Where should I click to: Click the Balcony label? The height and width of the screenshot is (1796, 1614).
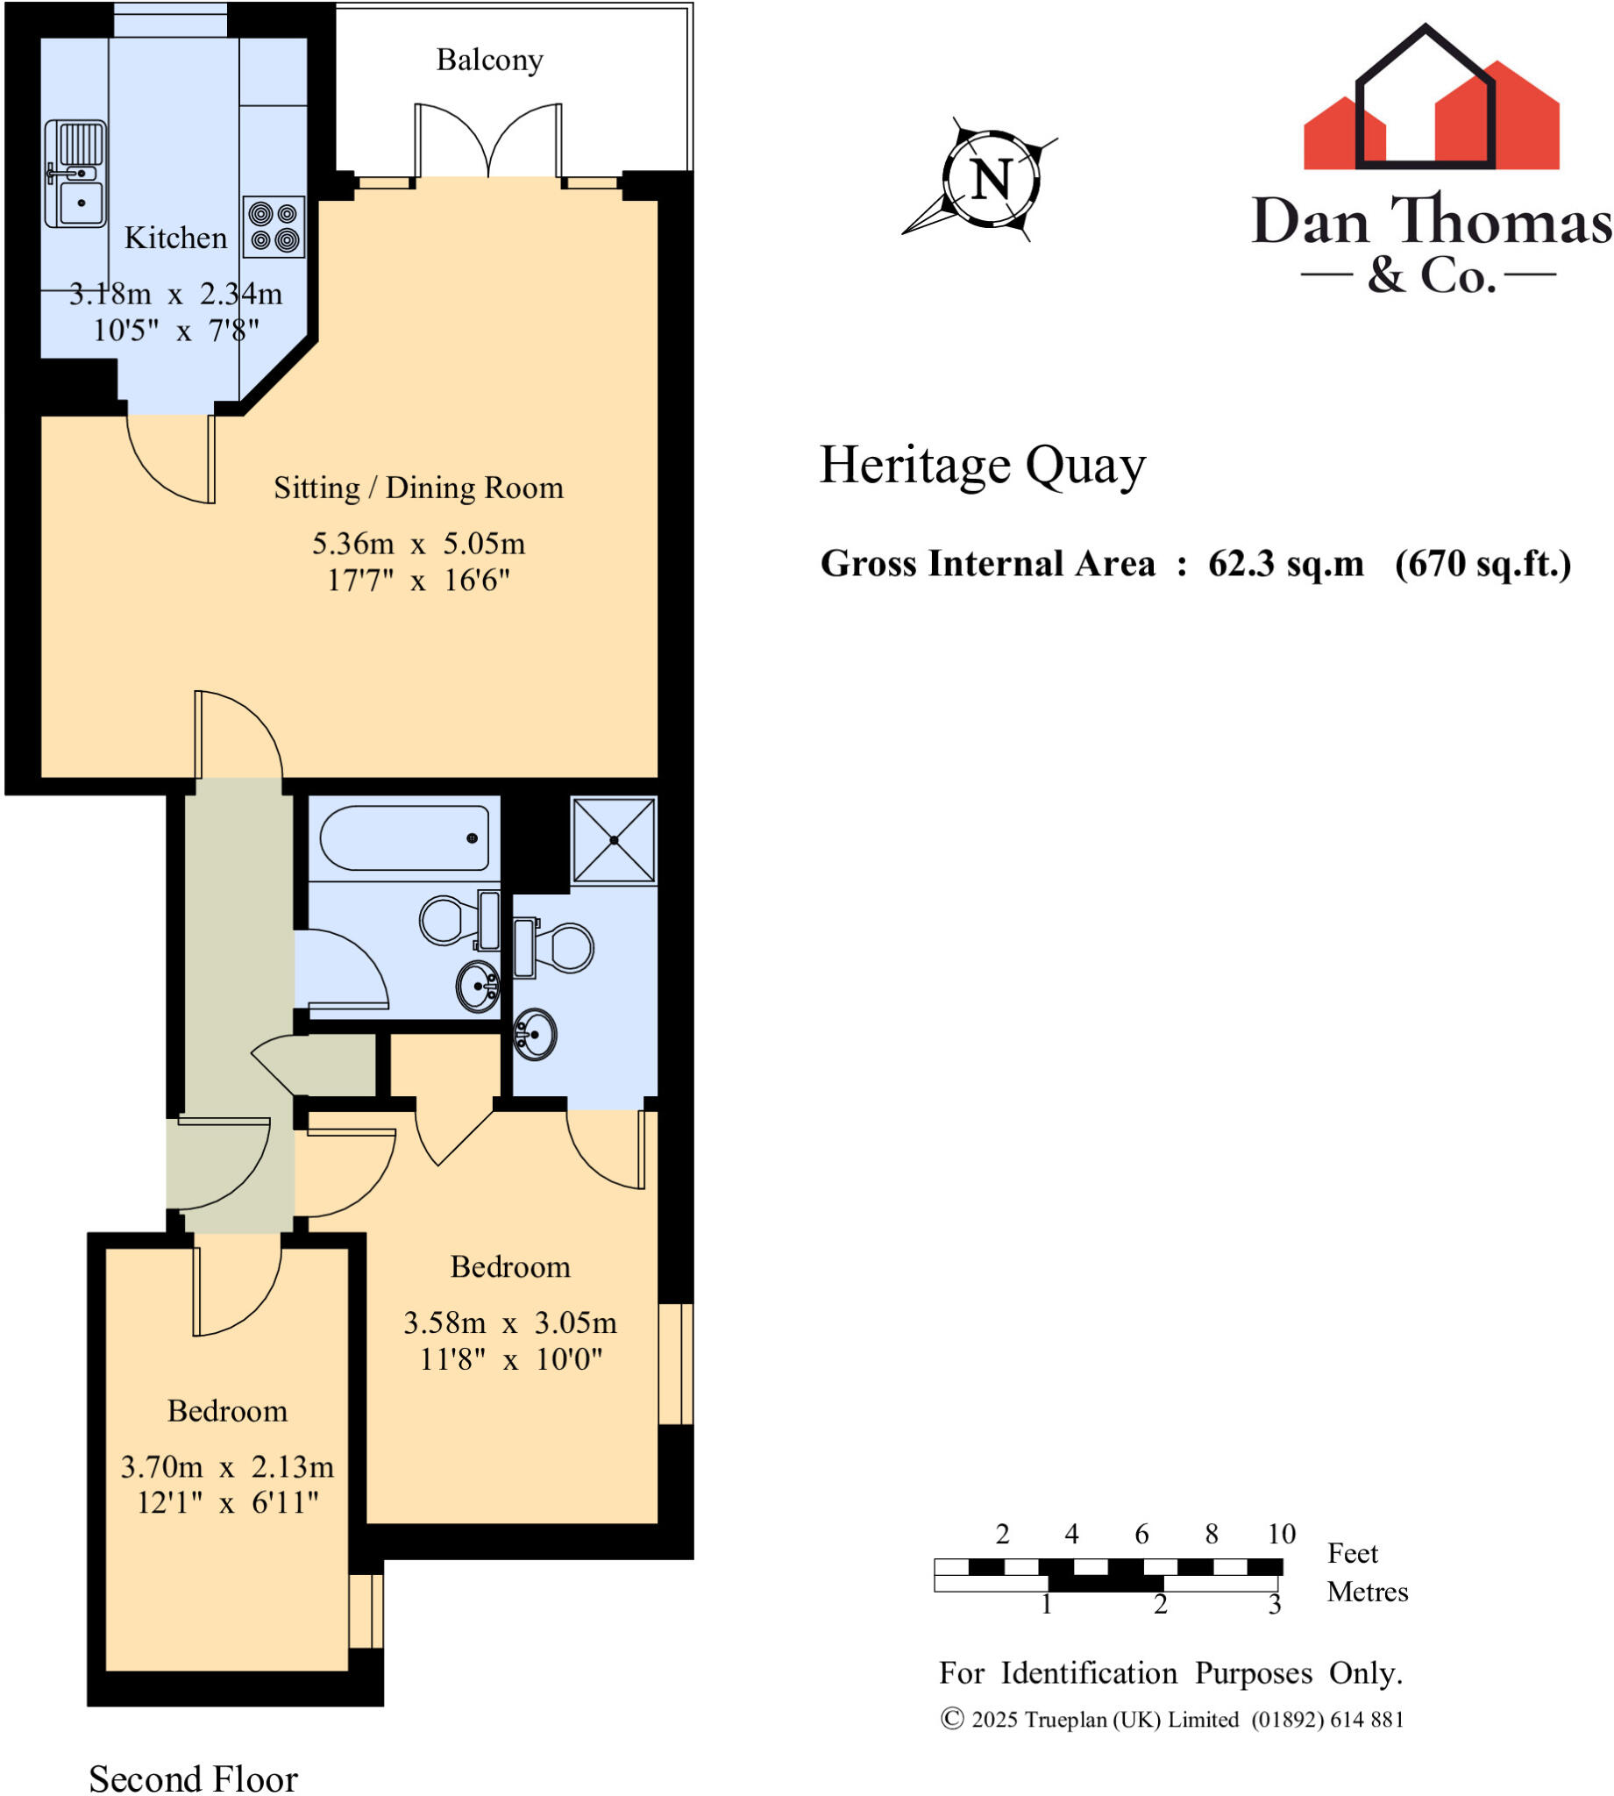click(489, 61)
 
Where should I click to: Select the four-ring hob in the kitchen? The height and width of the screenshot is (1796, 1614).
click(274, 227)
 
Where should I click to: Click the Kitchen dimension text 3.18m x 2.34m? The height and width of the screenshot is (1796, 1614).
click(175, 294)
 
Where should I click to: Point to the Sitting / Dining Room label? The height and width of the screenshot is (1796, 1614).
click(417, 488)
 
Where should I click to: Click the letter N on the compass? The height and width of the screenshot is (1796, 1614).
click(991, 180)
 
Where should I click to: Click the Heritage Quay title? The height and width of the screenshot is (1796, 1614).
click(982, 465)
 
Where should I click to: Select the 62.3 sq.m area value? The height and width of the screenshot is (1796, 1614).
click(1285, 563)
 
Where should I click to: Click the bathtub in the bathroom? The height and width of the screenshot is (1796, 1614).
click(404, 838)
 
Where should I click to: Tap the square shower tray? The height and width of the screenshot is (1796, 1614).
click(614, 840)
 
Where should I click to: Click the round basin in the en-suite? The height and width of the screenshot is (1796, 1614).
click(535, 1033)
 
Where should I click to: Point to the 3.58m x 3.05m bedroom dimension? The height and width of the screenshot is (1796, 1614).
click(510, 1322)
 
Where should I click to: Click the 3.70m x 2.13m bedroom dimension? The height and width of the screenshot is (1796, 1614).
click(227, 1466)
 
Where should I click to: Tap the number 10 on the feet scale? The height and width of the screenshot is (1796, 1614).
click(1281, 1534)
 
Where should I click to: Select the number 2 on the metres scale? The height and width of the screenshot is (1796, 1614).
click(1160, 1604)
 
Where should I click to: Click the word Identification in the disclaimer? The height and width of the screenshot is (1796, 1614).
click(1090, 1672)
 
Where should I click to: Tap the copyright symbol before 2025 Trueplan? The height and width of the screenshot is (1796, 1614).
click(951, 1719)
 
